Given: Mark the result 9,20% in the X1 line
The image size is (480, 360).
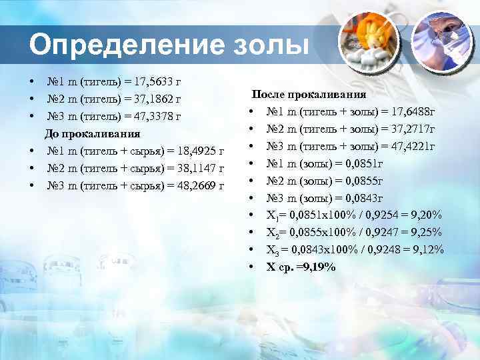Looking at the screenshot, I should coord(427,215).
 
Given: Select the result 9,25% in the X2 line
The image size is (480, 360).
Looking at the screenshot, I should coord(427,233).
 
